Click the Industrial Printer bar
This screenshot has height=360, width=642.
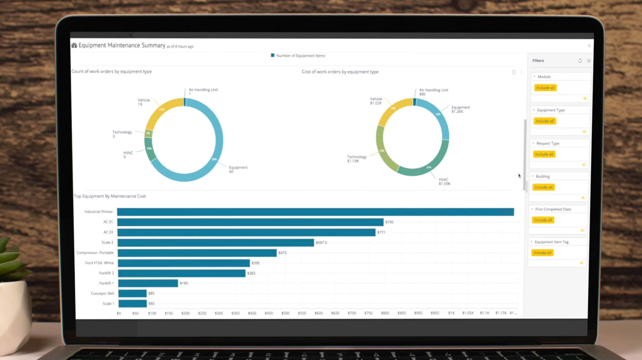click(x=315, y=212)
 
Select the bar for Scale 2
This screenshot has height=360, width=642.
click(x=215, y=243)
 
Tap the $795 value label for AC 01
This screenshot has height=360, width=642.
click(x=389, y=222)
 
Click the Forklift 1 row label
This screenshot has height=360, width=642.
click(x=106, y=283)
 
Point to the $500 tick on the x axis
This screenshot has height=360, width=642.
click(x=285, y=313)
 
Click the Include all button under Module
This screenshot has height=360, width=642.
click(x=545, y=88)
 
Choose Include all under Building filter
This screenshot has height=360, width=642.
click(x=543, y=187)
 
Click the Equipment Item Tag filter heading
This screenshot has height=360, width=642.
click(x=551, y=242)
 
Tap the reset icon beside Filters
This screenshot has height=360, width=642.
click(x=580, y=61)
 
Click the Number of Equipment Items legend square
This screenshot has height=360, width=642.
click(x=272, y=55)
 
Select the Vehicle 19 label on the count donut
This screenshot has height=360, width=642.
click(x=143, y=102)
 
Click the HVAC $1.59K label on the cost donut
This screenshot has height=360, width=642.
click(x=444, y=181)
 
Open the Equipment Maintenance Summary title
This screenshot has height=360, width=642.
click(x=122, y=45)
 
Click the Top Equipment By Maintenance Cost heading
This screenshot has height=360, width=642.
click(x=110, y=196)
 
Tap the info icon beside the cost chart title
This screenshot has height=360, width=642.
click(x=514, y=72)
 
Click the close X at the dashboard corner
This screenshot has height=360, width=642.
click(x=589, y=46)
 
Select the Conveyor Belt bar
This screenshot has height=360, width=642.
click(x=132, y=293)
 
